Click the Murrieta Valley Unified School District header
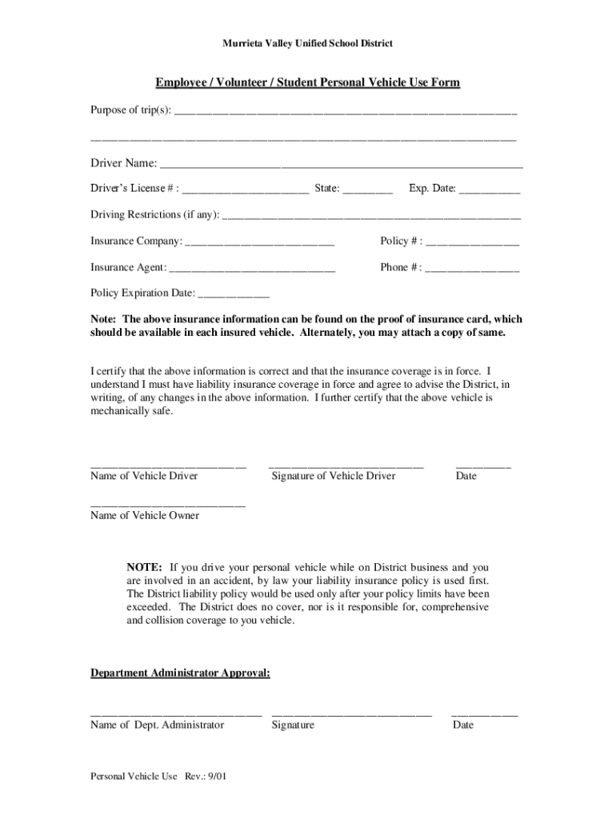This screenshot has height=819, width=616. coord(307,43)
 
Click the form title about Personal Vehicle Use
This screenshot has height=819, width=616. coord(307,83)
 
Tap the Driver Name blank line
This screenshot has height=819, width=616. coord(342,166)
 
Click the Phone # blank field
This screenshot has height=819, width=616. coord(472,269)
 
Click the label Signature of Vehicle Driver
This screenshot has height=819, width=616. coord(333,477)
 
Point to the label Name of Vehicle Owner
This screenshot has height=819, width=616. coord(145,516)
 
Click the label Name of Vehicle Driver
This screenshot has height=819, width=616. coord(144,477)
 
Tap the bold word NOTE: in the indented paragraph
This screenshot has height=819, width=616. coord(145,567)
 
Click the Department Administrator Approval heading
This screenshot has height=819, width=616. coord(180,674)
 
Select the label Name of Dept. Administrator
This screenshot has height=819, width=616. coord(157,725)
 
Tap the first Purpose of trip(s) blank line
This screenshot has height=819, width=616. coord(346,111)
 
